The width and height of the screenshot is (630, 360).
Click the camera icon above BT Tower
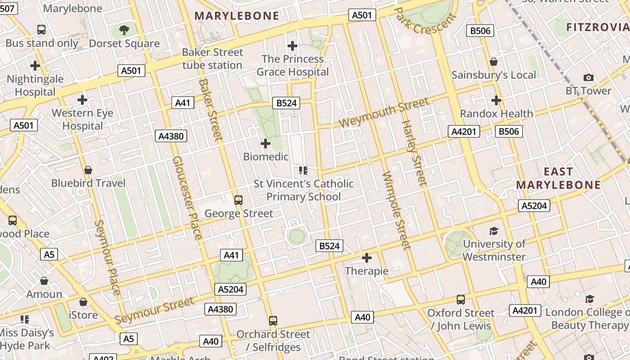588,78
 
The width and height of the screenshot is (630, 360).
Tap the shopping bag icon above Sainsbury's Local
494,62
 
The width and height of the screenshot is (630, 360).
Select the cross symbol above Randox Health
496,100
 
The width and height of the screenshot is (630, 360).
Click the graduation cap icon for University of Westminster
494,231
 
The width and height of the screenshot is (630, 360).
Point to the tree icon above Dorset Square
124,30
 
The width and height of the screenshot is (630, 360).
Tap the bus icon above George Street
238,200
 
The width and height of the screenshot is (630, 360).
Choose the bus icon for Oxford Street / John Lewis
461,300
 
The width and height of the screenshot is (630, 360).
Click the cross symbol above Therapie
367,258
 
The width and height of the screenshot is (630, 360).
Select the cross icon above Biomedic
265,144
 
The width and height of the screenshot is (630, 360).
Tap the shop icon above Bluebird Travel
88,170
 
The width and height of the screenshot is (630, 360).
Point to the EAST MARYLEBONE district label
558,178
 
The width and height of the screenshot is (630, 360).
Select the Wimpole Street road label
396,211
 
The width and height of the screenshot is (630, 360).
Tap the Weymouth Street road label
384,112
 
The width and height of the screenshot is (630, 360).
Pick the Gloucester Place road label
187,198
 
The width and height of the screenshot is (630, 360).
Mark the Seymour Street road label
154,310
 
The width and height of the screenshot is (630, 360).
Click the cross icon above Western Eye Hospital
82,99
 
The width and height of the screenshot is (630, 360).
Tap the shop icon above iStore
83,302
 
